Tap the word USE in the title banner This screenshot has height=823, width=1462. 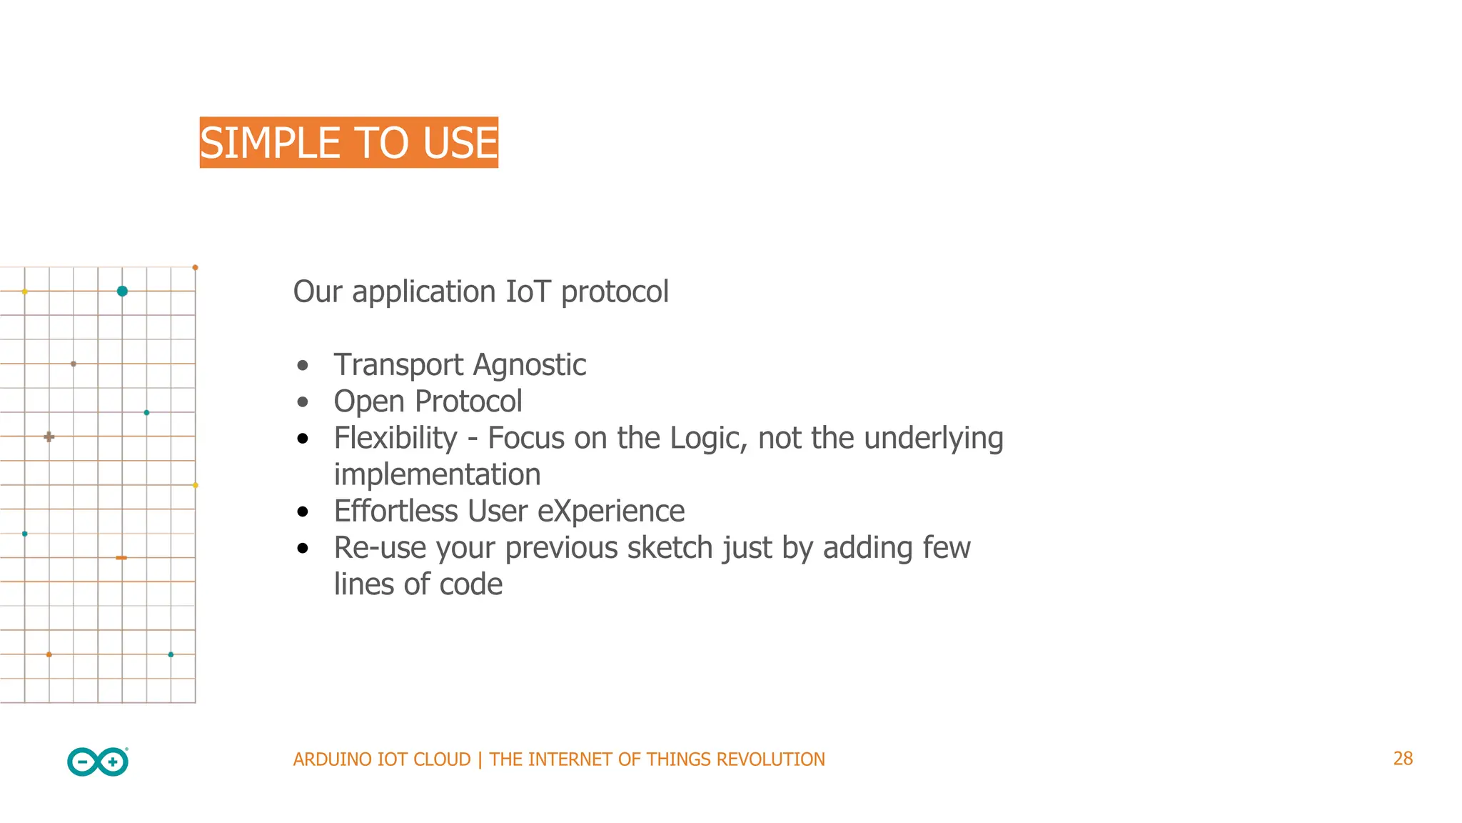coord(460,143)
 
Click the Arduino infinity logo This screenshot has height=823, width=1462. coord(98,762)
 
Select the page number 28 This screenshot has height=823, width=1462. coord(1402,759)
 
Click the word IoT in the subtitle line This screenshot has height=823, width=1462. coord(528,291)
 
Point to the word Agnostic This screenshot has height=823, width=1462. coord(530,366)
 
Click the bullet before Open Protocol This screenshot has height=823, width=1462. coord(303,402)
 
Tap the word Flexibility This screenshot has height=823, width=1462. coord(395,438)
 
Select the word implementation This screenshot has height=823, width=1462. coord(437,475)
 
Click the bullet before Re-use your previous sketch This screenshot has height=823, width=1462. coord(303,549)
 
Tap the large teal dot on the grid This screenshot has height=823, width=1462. coord(122,291)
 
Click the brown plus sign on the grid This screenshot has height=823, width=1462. coord(49,437)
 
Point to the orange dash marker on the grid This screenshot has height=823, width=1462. coord(121,557)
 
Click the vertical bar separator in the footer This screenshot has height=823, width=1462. coord(480,759)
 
